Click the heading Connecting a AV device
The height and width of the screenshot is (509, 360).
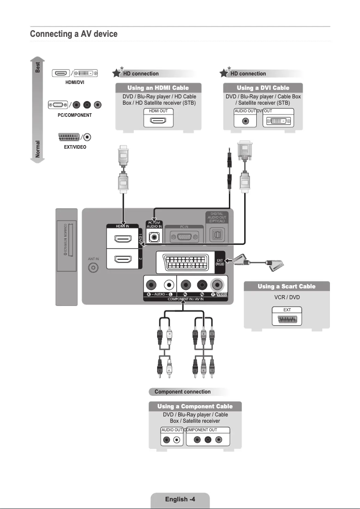pos(74,34)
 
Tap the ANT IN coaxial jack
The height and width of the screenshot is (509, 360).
pos(93,268)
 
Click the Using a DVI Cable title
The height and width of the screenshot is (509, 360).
pos(263,88)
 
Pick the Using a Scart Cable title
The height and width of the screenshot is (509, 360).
pos(286,286)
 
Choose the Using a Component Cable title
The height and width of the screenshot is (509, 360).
pos(195,406)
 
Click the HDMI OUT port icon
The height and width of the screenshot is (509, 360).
pos(158,121)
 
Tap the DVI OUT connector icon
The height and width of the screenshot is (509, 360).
pos(277,121)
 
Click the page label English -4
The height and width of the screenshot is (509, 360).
pos(180,499)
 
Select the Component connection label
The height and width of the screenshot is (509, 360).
pos(182,392)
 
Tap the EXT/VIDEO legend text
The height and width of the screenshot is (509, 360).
pos(75,147)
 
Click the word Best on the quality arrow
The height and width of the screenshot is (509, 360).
pos(38,67)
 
